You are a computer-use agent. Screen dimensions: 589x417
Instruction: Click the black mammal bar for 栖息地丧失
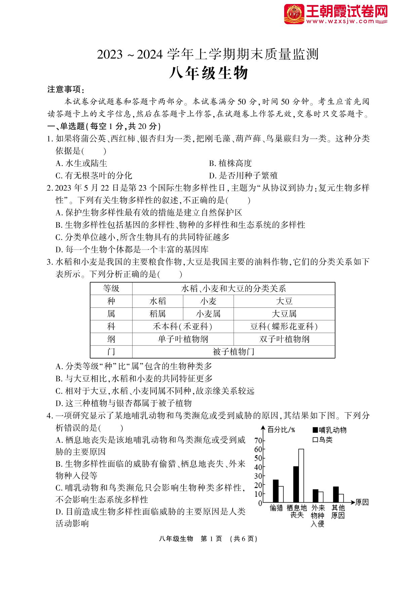(296, 484)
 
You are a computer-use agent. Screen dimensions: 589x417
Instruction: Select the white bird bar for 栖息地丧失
(301, 475)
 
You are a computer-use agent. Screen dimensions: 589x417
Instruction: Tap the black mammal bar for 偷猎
(275, 491)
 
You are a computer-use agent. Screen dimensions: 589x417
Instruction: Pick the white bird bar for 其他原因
(341, 498)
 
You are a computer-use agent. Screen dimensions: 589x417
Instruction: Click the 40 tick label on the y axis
(258, 467)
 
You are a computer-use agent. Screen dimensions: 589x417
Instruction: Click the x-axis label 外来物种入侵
(317, 516)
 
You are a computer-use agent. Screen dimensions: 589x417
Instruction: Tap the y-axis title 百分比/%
(281, 429)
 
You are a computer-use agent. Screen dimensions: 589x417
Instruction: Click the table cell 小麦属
(208, 314)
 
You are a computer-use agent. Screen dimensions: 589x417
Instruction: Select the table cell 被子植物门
(233, 352)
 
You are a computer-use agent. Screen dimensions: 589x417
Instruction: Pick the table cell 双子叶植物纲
(284, 339)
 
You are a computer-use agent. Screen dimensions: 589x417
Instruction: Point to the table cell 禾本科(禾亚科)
(183, 327)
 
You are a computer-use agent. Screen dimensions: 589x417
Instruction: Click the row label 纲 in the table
(111, 339)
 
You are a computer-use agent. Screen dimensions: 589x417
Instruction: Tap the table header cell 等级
(111, 288)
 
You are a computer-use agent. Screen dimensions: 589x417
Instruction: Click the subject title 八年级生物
(208, 73)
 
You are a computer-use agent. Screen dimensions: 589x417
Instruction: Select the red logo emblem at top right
(294, 14)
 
